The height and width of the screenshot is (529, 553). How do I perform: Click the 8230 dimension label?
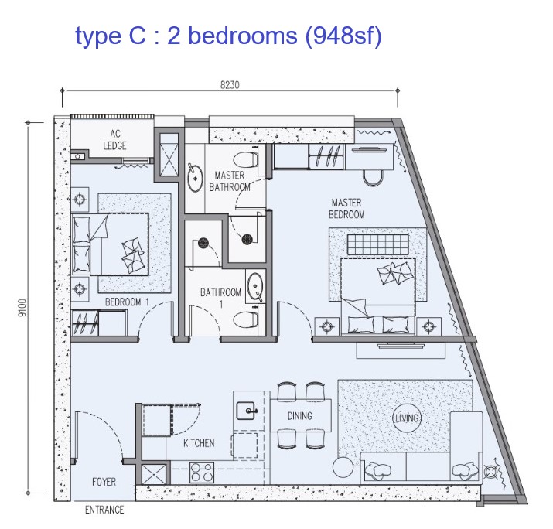coord(230,85)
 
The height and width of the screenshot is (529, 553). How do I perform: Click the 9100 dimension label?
coord(22,308)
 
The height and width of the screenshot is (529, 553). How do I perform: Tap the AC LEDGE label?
coord(115,140)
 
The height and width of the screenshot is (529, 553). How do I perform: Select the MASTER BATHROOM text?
coord(230,181)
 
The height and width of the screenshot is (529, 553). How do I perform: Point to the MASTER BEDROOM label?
coord(346,208)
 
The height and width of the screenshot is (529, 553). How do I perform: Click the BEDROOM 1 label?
coord(128,302)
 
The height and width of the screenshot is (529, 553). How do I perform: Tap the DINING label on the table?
coord(300,416)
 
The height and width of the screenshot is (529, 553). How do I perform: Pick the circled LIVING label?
coord(407,418)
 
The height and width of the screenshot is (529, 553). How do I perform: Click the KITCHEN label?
coord(199,443)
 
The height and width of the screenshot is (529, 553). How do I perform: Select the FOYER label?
coord(104,482)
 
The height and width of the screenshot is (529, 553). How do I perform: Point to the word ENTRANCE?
coord(104,510)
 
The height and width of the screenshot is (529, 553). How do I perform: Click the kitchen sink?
coord(246,411)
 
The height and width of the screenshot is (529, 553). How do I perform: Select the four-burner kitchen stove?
coord(202,473)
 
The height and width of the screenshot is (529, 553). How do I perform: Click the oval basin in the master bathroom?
coord(195,178)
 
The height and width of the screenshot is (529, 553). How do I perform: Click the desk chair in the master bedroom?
coord(374,178)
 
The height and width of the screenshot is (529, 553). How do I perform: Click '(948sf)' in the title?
coord(343,36)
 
